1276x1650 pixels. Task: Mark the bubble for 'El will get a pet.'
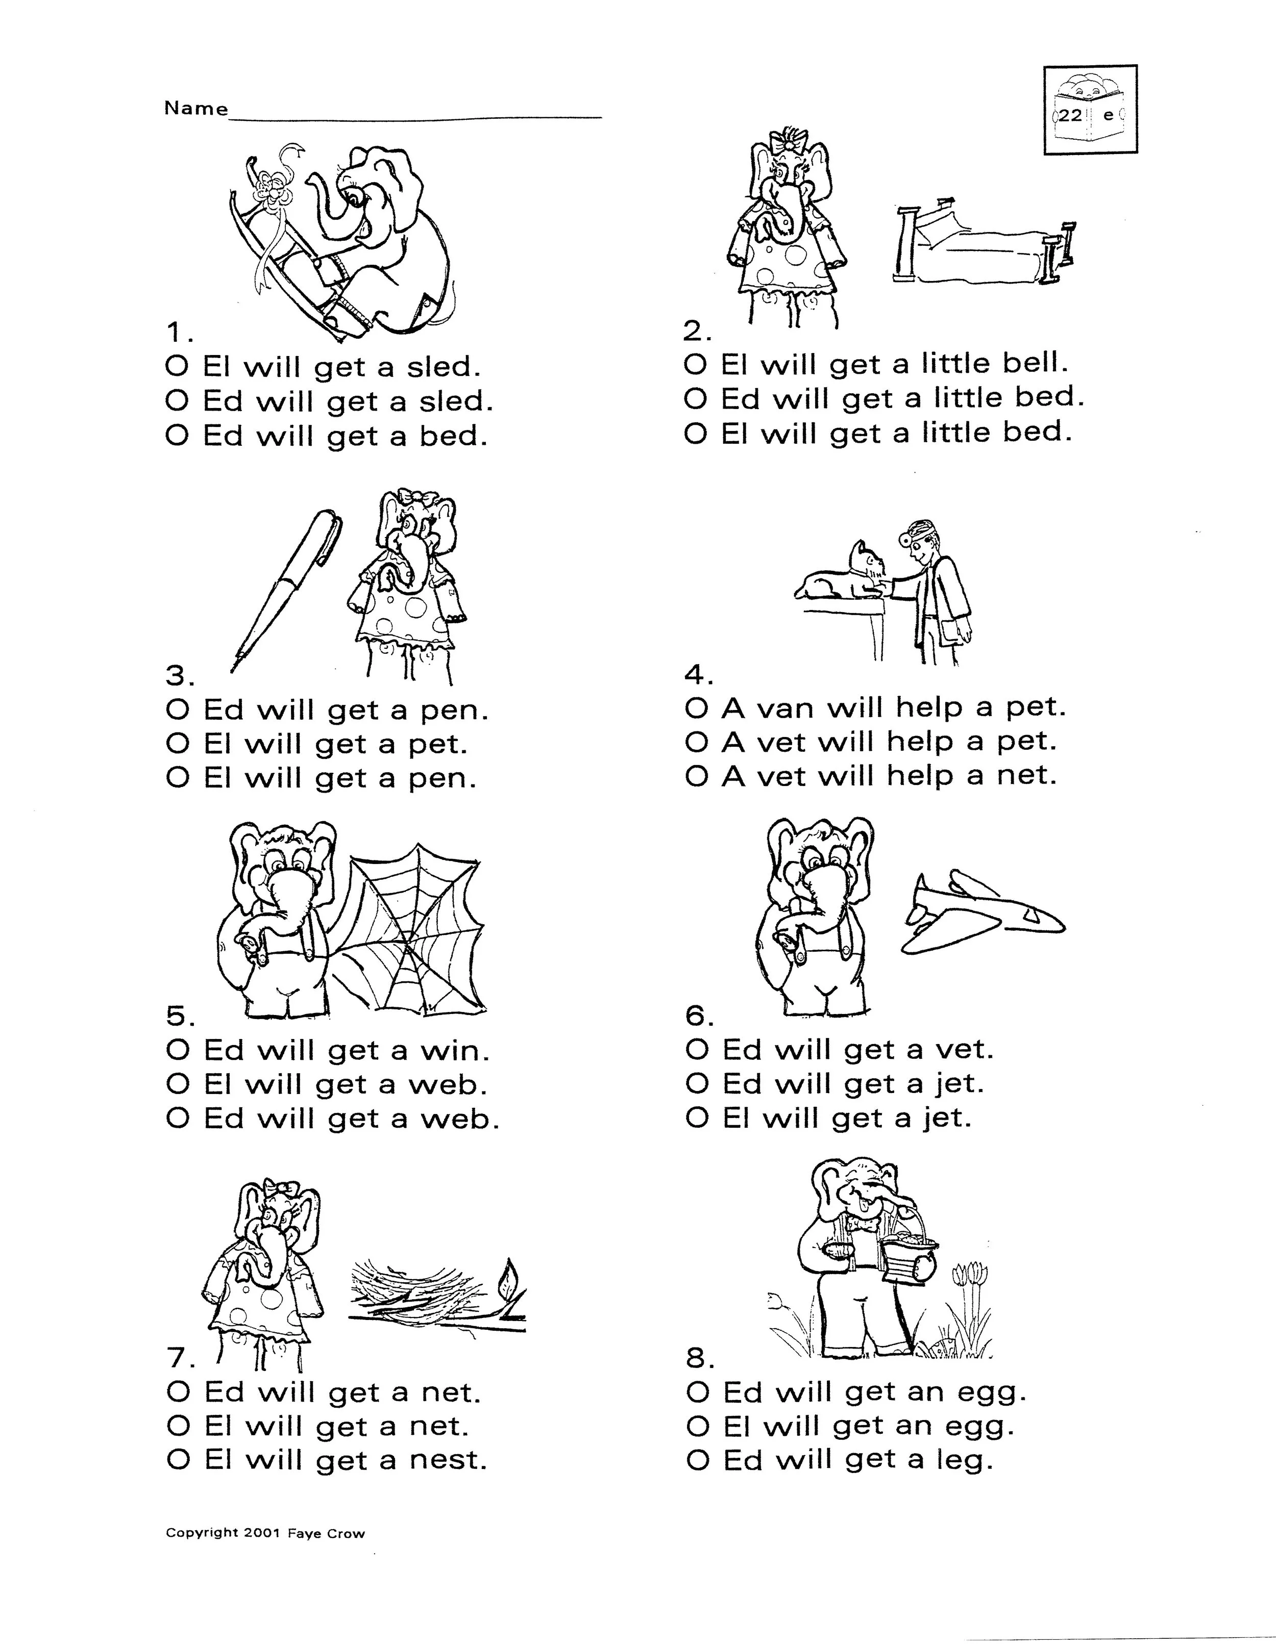tap(177, 744)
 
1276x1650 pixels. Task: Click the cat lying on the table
tap(839, 580)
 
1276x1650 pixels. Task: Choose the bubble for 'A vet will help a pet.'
tap(696, 742)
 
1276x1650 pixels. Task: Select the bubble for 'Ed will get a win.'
tap(177, 1050)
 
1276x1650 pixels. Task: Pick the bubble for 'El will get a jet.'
tap(696, 1118)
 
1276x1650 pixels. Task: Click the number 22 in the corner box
tap(1070, 116)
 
